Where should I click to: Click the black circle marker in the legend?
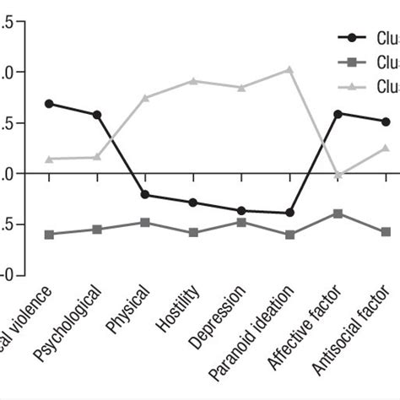coord(350,37)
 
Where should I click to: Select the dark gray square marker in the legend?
coord(350,62)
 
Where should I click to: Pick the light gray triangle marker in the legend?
coord(350,86)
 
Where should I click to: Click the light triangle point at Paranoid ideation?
coord(289,69)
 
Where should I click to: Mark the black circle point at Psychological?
coord(97,115)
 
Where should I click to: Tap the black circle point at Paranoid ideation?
coord(289,213)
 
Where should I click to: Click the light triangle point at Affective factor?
coord(338,175)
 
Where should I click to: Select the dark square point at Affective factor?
coord(338,214)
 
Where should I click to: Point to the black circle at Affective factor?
coord(338,113)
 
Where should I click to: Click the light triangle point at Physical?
coord(145,98)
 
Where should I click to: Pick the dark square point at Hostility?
coord(193,232)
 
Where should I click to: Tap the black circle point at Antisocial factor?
coord(386,122)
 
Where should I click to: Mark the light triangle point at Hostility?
coord(193,81)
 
